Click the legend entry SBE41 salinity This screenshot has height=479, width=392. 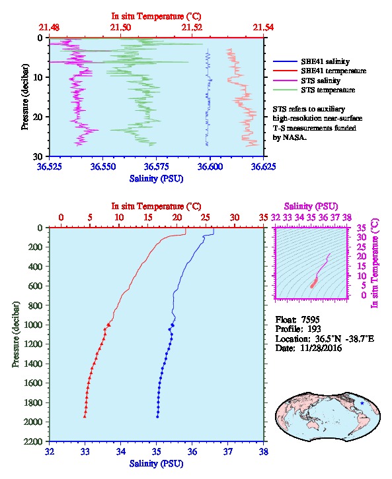[325, 61]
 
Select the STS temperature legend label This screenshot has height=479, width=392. [328, 90]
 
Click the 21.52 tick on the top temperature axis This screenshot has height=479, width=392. [192, 27]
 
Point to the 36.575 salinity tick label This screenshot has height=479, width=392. [157, 166]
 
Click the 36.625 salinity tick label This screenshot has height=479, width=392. [264, 166]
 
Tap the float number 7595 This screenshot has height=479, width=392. [310, 319]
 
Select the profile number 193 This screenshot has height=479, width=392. [314, 329]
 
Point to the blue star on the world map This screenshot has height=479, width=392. [362, 403]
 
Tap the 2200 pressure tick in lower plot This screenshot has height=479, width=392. [33, 441]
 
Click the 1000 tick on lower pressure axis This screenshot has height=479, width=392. [33, 325]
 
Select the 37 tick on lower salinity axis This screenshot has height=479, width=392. [227, 451]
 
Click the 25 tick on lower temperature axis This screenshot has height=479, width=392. [206, 217]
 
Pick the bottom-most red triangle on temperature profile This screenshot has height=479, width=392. [85, 416]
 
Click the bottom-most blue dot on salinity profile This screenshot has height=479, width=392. [157, 416]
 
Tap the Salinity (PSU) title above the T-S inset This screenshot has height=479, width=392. [311, 207]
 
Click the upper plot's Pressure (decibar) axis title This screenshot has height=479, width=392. [25, 97]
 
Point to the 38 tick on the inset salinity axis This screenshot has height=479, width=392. [346, 217]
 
